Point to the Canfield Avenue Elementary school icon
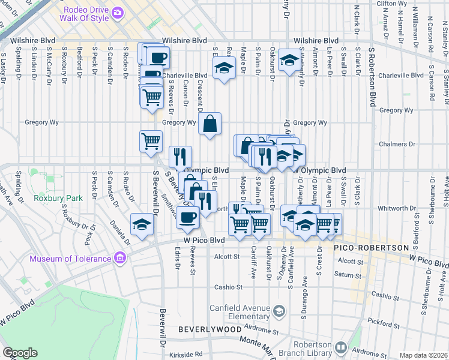[279, 310]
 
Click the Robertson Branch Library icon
[341, 347]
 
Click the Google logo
[20, 352]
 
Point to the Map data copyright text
[423, 355]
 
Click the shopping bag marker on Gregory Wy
[210, 124]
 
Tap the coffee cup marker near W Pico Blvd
[188, 217]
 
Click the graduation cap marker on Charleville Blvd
[223, 69]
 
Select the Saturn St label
[346, 274]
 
